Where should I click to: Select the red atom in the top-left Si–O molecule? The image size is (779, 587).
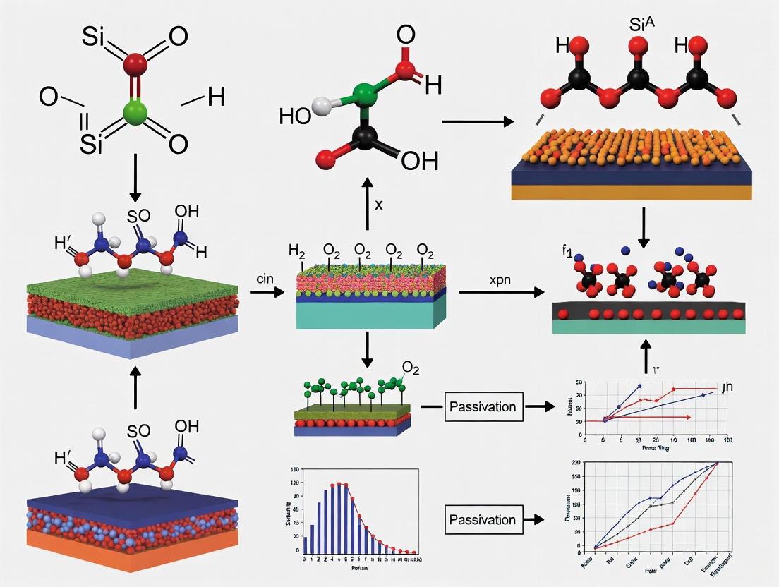(135, 65)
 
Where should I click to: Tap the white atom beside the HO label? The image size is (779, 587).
(321, 107)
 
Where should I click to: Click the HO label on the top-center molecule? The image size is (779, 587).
(295, 116)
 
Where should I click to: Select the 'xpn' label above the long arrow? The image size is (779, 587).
(500, 280)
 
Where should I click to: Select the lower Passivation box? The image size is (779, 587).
(482, 520)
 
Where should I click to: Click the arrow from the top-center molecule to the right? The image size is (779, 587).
(477, 123)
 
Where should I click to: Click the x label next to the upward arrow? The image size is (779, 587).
(378, 205)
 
